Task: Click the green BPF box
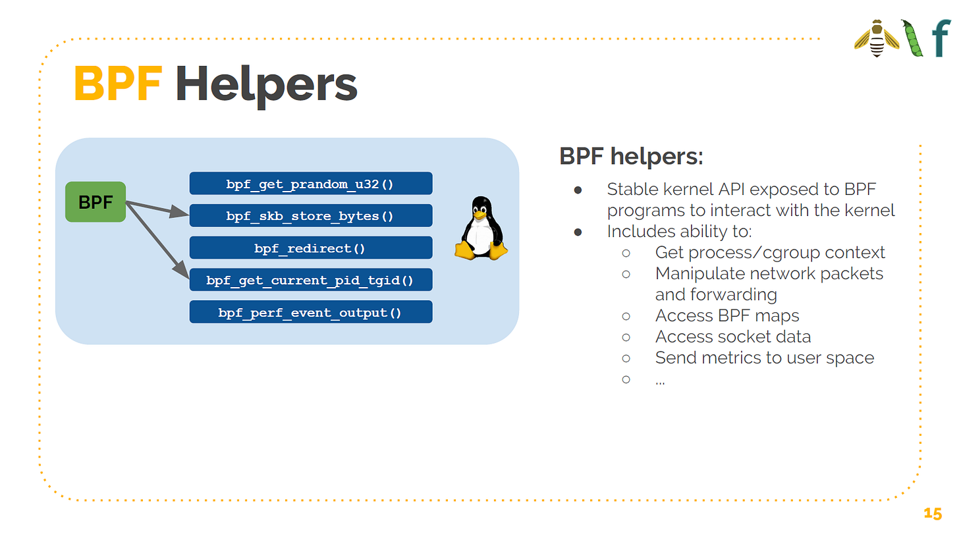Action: click(96, 202)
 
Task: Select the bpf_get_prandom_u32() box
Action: click(310, 184)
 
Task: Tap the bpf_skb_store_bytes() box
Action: click(310, 215)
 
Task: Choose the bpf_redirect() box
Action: click(310, 248)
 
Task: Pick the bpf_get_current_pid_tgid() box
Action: click(310, 280)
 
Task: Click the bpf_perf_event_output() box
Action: click(310, 312)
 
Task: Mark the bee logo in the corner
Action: click(876, 39)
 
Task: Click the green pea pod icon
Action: click(912, 39)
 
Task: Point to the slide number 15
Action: click(933, 514)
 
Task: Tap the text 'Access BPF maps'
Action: click(727, 315)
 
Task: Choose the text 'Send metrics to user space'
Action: click(764, 358)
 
